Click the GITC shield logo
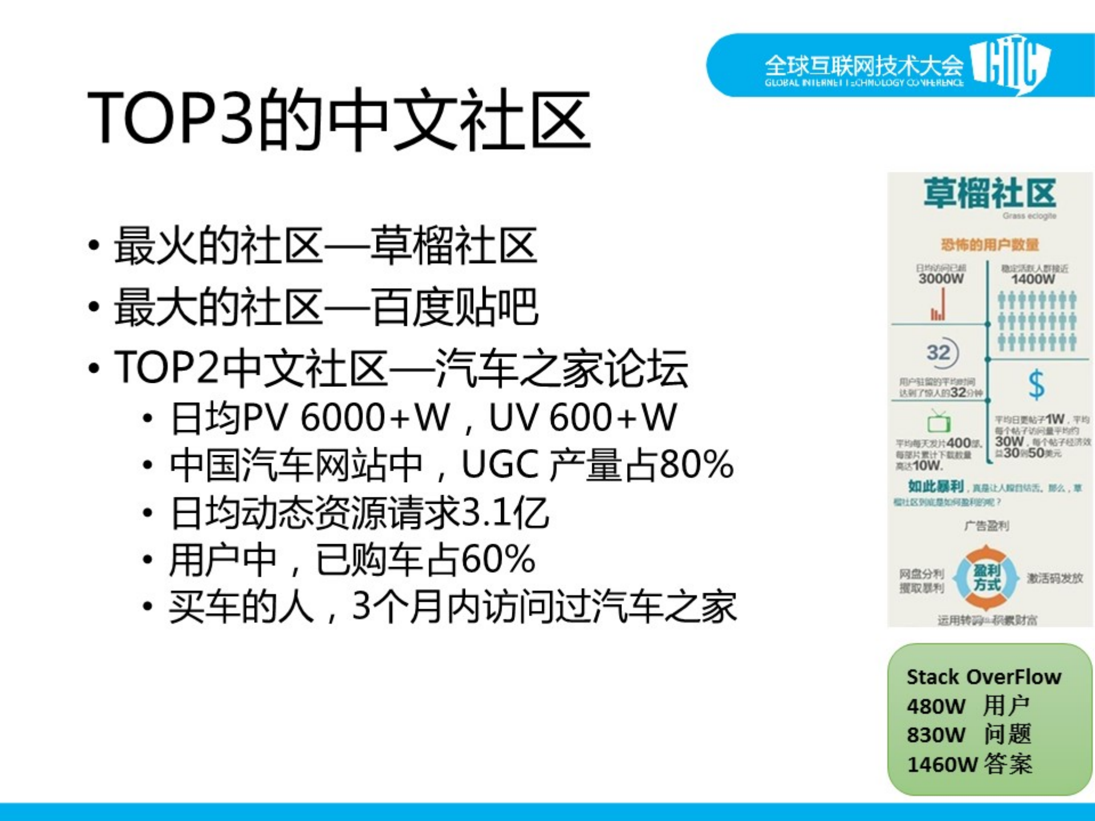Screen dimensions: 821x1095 pyautogui.click(x=1012, y=64)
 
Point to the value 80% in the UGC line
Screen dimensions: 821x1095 pyautogui.click(x=696, y=464)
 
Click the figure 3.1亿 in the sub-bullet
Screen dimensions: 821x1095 pyautogui.click(x=504, y=512)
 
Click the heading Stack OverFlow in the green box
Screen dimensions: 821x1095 pyautogui.click(x=984, y=677)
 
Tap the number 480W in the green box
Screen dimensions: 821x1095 pyautogui.click(x=936, y=706)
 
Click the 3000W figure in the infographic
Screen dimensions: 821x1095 pyautogui.click(x=941, y=279)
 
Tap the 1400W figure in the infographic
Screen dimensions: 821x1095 pyautogui.click(x=1033, y=279)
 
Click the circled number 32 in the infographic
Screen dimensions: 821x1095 pyautogui.click(x=940, y=353)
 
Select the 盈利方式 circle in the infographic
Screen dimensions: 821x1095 pyautogui.click(x=987, y=577)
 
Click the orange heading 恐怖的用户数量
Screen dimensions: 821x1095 pyautogui.click(x=989, y=245)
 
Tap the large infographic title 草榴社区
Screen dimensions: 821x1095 pyautogui.click(x=989, y=194)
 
